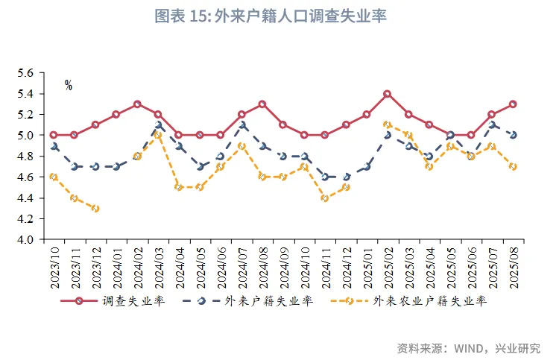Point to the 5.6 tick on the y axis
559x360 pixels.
pyautogui.click(x=26, y=73)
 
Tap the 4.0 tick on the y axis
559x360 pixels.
pyautogui.click(x=26, y=240)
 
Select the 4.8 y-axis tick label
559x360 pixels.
pyautogui.click(x=26, y=157)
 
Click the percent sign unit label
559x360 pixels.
pyautogui.click(x=69, y=86)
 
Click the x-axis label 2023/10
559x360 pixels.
pyautogui.click(x=54, y=266)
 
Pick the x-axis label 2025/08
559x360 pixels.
pyautogui.click(x=514, y=266)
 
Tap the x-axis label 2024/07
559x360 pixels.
pyautogui.click(x=241, y=266)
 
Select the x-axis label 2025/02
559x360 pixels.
pyautogui.click(x=388, y=266)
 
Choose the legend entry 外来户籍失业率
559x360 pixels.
pyautogui.click(x=268, y=302)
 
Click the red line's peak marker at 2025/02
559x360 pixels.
pyautogui.click(x=388, y=94)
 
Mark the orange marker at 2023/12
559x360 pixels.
pyautogui.click(x=95, y=209)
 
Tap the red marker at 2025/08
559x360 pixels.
pyautogui.click(x=513, y=104)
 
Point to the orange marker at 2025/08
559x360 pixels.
pyautogui.click(x=513, y=167)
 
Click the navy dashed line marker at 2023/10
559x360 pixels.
pyautogui.click(x=54, y=146)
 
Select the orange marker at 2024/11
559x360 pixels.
pyautogui.click(x=325, y=198)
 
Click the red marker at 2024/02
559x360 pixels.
pyautogui.click(x=137, y=104)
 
